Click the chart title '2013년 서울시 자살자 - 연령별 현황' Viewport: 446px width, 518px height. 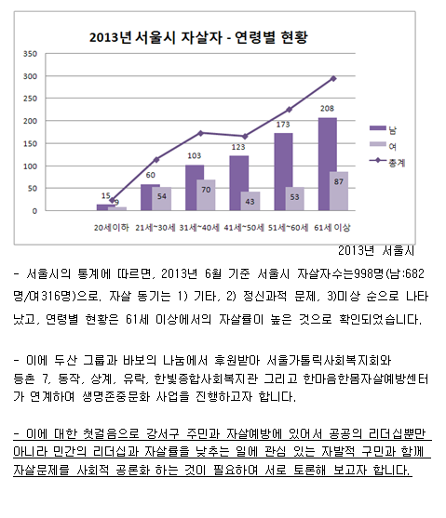coord(198,37)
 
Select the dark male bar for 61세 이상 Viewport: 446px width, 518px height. coord(328,164)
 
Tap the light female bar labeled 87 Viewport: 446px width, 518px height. coord(339,191)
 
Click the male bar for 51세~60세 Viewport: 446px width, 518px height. coord(283,172)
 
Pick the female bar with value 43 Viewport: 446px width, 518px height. coord(250,201)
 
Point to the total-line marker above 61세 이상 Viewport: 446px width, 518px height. coord(333,79)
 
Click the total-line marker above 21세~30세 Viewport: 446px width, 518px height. coord(156,160)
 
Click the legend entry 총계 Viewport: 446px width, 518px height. coord(387,162)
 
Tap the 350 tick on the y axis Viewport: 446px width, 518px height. coord(30,54)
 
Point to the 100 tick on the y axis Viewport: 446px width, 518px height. coord(30,166)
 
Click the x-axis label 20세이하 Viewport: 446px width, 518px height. coord(111,227)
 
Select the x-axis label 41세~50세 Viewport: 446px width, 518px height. coord(244,227)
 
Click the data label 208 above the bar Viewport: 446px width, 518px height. coord(327,109)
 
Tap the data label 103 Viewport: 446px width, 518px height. coord(195,155)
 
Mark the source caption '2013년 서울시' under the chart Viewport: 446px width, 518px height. coord(376,251)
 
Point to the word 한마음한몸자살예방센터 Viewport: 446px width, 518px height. coord(366,379)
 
